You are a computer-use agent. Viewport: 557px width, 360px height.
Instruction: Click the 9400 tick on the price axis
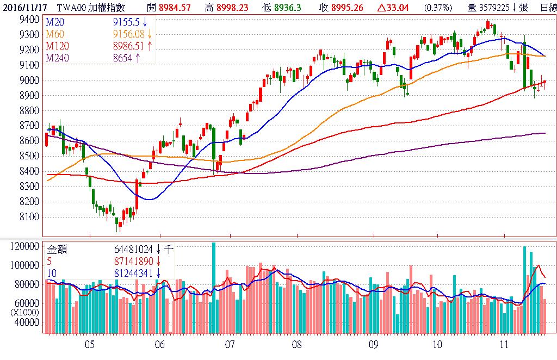28,20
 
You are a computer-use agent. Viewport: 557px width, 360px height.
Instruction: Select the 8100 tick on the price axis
28,217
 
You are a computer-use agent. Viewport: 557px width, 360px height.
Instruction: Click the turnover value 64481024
134,250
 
